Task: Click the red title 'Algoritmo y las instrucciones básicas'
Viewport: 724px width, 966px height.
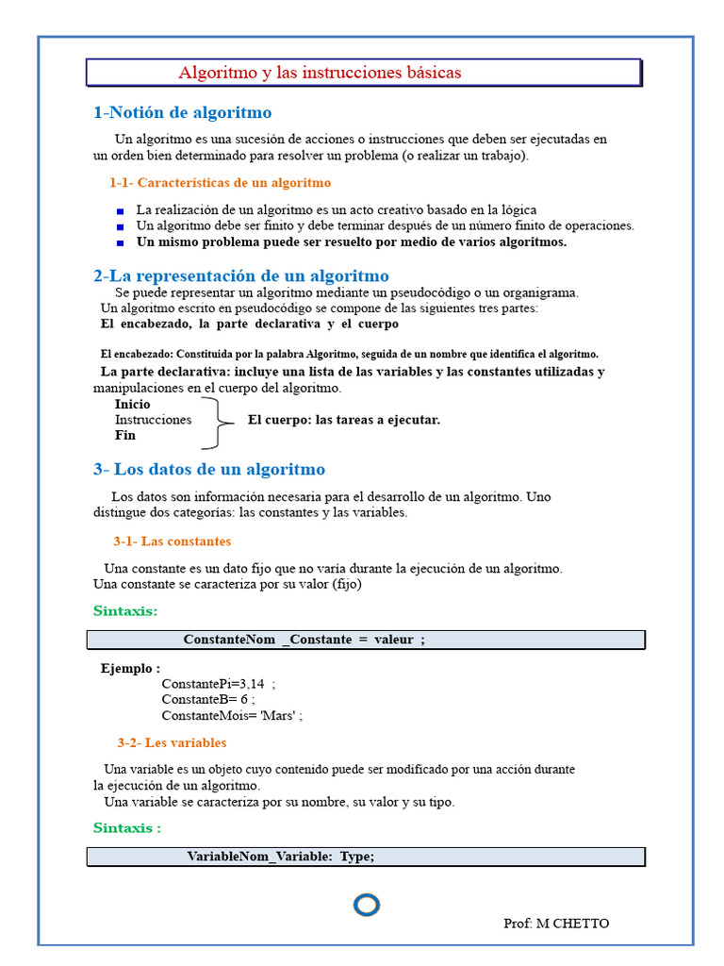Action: point(321,73)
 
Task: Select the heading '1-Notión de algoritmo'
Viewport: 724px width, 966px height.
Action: point(182,113)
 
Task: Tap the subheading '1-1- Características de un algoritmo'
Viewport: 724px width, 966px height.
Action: point(220,182)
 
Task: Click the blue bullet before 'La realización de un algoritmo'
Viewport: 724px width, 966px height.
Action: point(120,211)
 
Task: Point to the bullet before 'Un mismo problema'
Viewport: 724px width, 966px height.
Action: point(120,242)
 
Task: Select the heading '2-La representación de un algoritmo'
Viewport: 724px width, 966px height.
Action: point(240,275)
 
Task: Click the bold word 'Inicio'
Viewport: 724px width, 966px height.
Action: point(132,405)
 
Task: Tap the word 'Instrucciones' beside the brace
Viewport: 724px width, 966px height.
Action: point(153,420)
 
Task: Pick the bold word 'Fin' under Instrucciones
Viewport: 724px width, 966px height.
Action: point(125,435)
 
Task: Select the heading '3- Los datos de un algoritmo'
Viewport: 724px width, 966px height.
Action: point(208,469)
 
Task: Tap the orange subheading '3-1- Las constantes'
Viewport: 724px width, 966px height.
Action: point(172,541)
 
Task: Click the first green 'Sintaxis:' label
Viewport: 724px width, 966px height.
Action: point(125,610)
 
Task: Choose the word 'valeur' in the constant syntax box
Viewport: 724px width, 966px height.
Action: point(393,640)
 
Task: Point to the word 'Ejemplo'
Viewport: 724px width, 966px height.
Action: point(125,668)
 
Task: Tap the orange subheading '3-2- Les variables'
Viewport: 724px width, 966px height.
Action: point(172,742)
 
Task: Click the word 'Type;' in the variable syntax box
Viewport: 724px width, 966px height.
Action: point(356,856)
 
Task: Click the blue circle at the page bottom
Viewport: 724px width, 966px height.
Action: point(367,906)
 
